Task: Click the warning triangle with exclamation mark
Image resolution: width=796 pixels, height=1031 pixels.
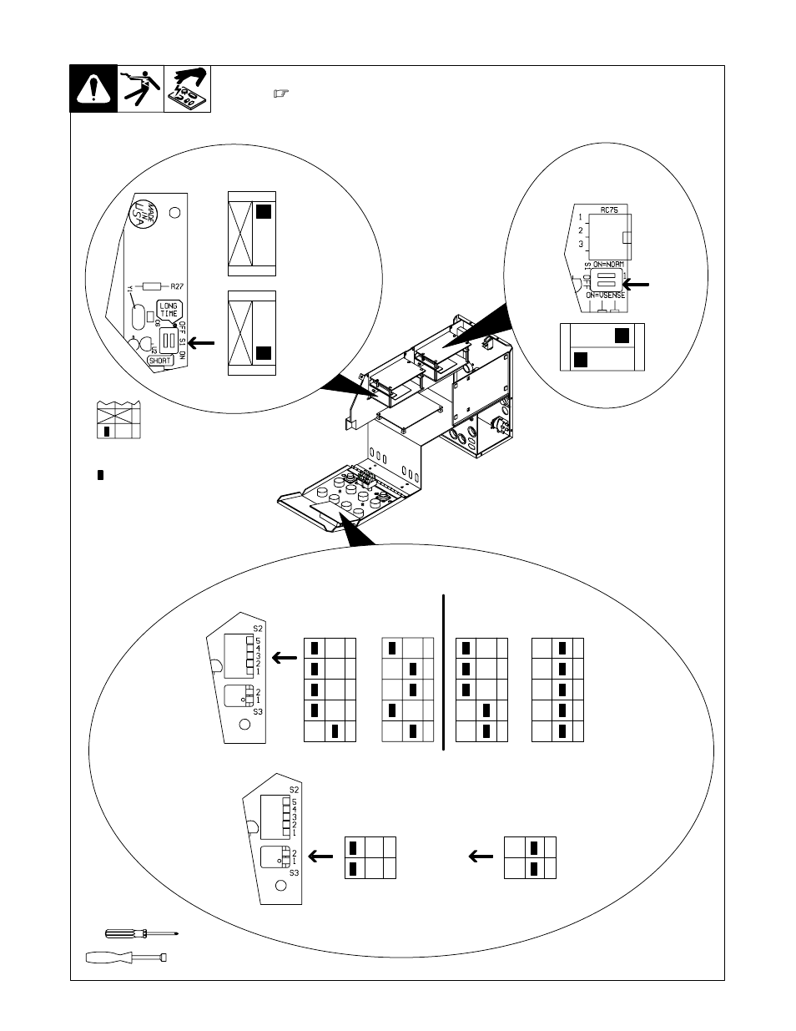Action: [93, 88]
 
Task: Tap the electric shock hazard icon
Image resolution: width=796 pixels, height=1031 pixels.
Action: [140, 88]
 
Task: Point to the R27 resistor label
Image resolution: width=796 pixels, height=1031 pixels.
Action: [176, 286]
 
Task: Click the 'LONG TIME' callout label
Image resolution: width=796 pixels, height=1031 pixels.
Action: [169, 311]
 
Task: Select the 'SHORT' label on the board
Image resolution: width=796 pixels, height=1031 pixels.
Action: [159, 361]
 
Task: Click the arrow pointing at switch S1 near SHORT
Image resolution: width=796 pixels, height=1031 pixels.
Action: [203, 342]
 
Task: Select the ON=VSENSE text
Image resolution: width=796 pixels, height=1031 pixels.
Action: [605, 296]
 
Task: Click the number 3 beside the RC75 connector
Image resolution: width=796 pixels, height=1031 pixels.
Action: [581, 245]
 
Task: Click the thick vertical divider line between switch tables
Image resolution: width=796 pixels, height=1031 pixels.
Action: [444, 672]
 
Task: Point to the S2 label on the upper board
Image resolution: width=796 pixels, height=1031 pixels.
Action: [258, 628]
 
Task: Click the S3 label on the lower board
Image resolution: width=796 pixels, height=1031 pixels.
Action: [294, 872]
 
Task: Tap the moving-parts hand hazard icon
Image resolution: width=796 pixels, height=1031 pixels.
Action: [189, 88]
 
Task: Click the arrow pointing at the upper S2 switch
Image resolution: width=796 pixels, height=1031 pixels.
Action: [285, 659]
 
